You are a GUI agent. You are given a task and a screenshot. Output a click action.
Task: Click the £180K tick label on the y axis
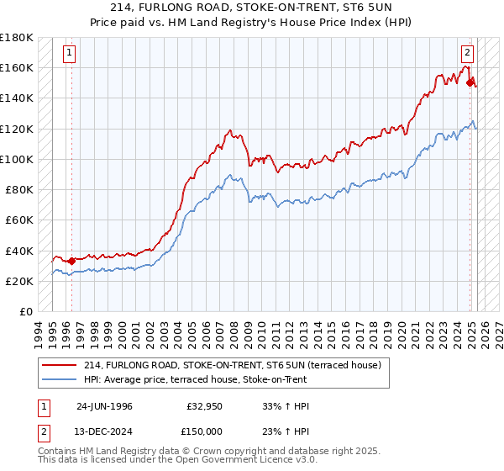(17, 38)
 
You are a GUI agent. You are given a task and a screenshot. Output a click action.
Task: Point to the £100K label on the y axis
(17, 159)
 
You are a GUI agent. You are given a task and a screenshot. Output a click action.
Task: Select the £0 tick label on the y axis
(25, 311)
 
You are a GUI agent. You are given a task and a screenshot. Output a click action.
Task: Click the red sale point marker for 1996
(72, 261)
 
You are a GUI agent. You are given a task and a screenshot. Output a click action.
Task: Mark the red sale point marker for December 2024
(470, 82)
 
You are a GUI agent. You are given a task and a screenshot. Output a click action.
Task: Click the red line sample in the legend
(60, 365)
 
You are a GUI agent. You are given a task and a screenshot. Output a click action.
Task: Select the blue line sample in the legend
(60, 379)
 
